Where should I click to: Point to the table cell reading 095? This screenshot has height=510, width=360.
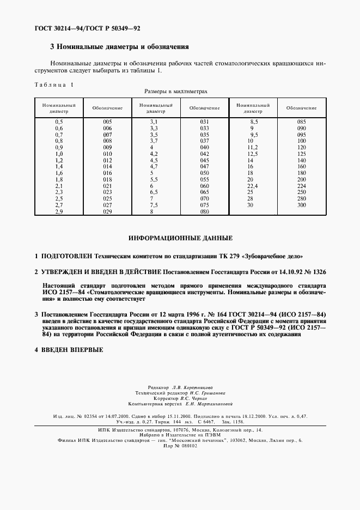tap(301, 134)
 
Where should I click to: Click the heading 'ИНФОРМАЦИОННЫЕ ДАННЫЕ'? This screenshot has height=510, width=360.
tap(180, 238)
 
